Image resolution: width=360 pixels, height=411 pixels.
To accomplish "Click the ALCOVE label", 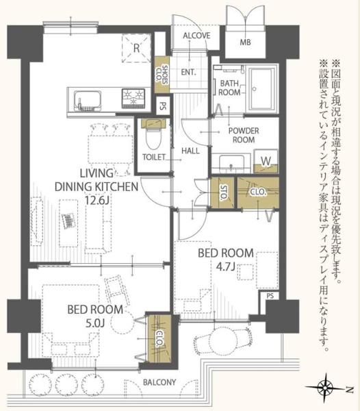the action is pos(196,36).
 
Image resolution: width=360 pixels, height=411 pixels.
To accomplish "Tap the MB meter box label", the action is pos(245,42).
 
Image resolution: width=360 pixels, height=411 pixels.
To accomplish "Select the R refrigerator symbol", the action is pos(136,48).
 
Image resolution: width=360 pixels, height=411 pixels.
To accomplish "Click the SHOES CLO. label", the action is pos(162,74).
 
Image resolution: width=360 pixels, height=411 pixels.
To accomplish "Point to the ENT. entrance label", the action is pos(188,71).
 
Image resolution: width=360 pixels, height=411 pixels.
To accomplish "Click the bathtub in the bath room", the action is pos(262,89).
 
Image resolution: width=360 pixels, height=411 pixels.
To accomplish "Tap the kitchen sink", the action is pos(88,101).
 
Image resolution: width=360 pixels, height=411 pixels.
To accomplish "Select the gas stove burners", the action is pos(133,99).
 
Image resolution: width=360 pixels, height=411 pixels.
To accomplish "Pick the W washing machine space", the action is pos(266,161).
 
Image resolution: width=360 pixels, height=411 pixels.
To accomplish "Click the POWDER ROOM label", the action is pos(244,135).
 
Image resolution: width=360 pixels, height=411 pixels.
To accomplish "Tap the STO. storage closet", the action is pos(222,193).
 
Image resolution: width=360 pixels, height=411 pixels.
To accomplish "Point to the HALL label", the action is pos(190,151).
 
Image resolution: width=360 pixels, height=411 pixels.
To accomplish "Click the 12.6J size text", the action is pos(97,200).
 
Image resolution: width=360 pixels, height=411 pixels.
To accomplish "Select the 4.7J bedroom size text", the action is pos(225,267).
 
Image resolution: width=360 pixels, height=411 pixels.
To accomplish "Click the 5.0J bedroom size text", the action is pos(95,323).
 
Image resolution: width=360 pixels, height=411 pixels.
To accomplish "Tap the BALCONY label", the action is pos(159,382).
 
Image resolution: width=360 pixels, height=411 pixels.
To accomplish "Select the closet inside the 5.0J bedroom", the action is pos(159,338).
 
